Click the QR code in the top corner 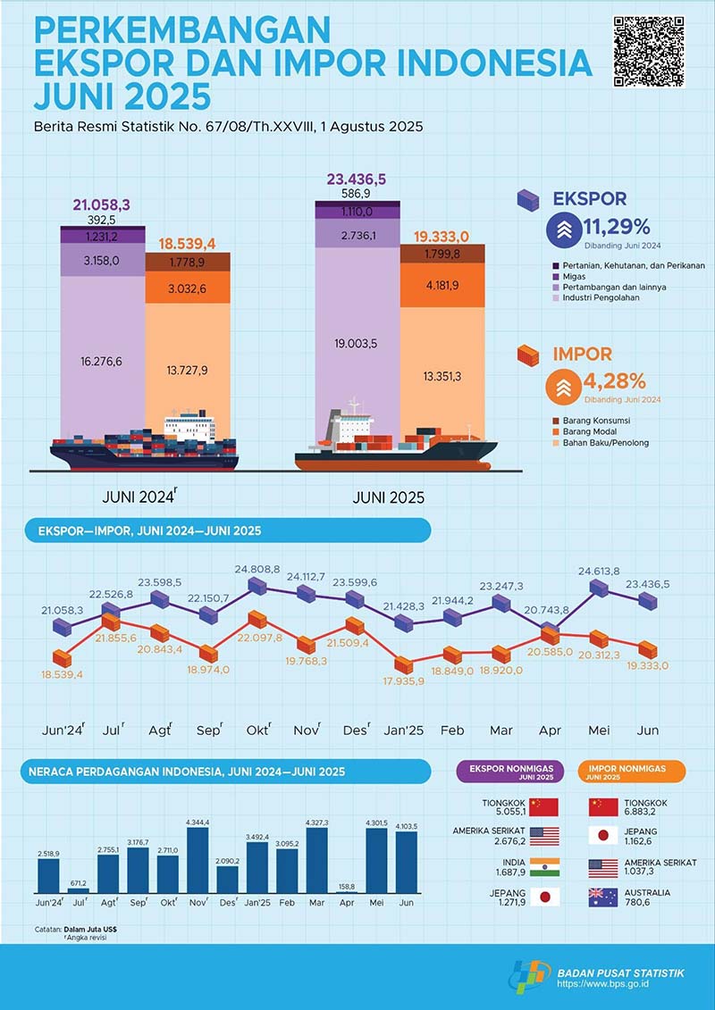click(x=649, y=52)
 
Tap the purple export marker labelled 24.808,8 click(x=257, y=586)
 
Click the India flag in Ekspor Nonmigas click(x=544, y=866)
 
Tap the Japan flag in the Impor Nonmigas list click(x=603, y=836)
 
